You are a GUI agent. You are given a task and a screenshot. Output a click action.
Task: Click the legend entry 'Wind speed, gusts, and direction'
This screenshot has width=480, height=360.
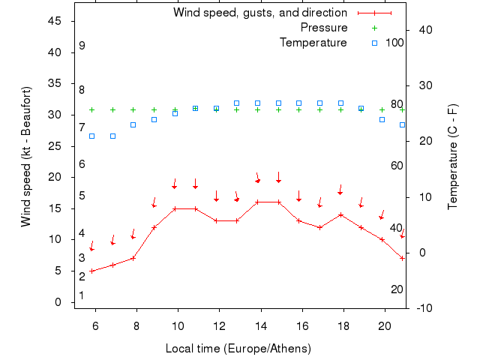click(x=259, y=13)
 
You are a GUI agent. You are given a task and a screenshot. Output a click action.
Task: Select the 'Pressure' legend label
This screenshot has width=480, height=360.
click(x=323, y=28)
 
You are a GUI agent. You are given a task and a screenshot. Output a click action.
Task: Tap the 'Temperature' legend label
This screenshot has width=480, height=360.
click(x=313, y=43)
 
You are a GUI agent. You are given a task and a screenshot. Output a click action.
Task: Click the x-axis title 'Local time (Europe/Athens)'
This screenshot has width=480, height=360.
click(x=238, y=349)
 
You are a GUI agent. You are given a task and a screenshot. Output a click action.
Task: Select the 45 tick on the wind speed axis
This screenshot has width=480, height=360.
click(x=54, y=21)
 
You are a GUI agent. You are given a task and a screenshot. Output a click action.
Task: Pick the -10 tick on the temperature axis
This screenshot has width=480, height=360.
click(x=423, y=308)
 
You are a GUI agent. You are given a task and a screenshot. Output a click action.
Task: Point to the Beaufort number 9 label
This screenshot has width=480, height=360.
click(x=82, y=46)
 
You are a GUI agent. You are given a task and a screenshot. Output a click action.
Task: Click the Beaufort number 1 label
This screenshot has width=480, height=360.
click(x=81, y=295)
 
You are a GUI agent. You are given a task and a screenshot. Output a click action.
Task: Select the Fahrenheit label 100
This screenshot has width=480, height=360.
click(x=395, y=43)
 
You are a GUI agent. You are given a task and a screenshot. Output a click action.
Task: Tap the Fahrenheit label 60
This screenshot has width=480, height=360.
click(x=397, y=166)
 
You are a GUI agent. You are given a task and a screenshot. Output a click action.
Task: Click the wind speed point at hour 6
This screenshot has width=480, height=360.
click(x=92, y=271)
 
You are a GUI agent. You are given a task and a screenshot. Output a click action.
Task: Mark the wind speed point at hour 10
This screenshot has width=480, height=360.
click(x=175, y=208)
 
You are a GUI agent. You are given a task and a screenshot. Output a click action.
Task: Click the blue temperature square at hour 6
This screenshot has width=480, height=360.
click(x=92, y=136)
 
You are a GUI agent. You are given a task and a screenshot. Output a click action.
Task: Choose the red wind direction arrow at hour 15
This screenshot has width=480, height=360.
click(x=278, y=178)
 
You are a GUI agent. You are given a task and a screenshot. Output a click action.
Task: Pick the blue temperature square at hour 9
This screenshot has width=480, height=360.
click(x=154, y=119)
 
